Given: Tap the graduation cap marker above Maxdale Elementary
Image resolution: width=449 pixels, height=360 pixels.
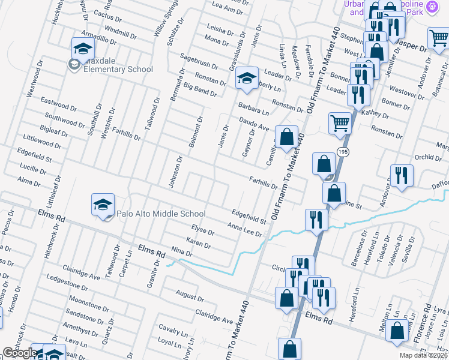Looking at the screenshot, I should pyautogui.click(x=83, y=47).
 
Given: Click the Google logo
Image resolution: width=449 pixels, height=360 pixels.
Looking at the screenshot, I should pyautogui.click(x=20, y=353).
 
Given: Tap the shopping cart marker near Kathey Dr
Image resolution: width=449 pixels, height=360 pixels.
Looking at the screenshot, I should pyautogui.click(x=340, y=123).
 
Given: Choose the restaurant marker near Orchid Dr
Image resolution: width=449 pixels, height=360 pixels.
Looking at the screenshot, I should pyautogui.click(x=402, y=175).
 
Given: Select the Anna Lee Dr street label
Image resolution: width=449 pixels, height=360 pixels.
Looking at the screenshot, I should pyautogui.click(x=245, y=229).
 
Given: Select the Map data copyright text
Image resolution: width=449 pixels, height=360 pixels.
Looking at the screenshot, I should pyautogui.click(x=423, y=355).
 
